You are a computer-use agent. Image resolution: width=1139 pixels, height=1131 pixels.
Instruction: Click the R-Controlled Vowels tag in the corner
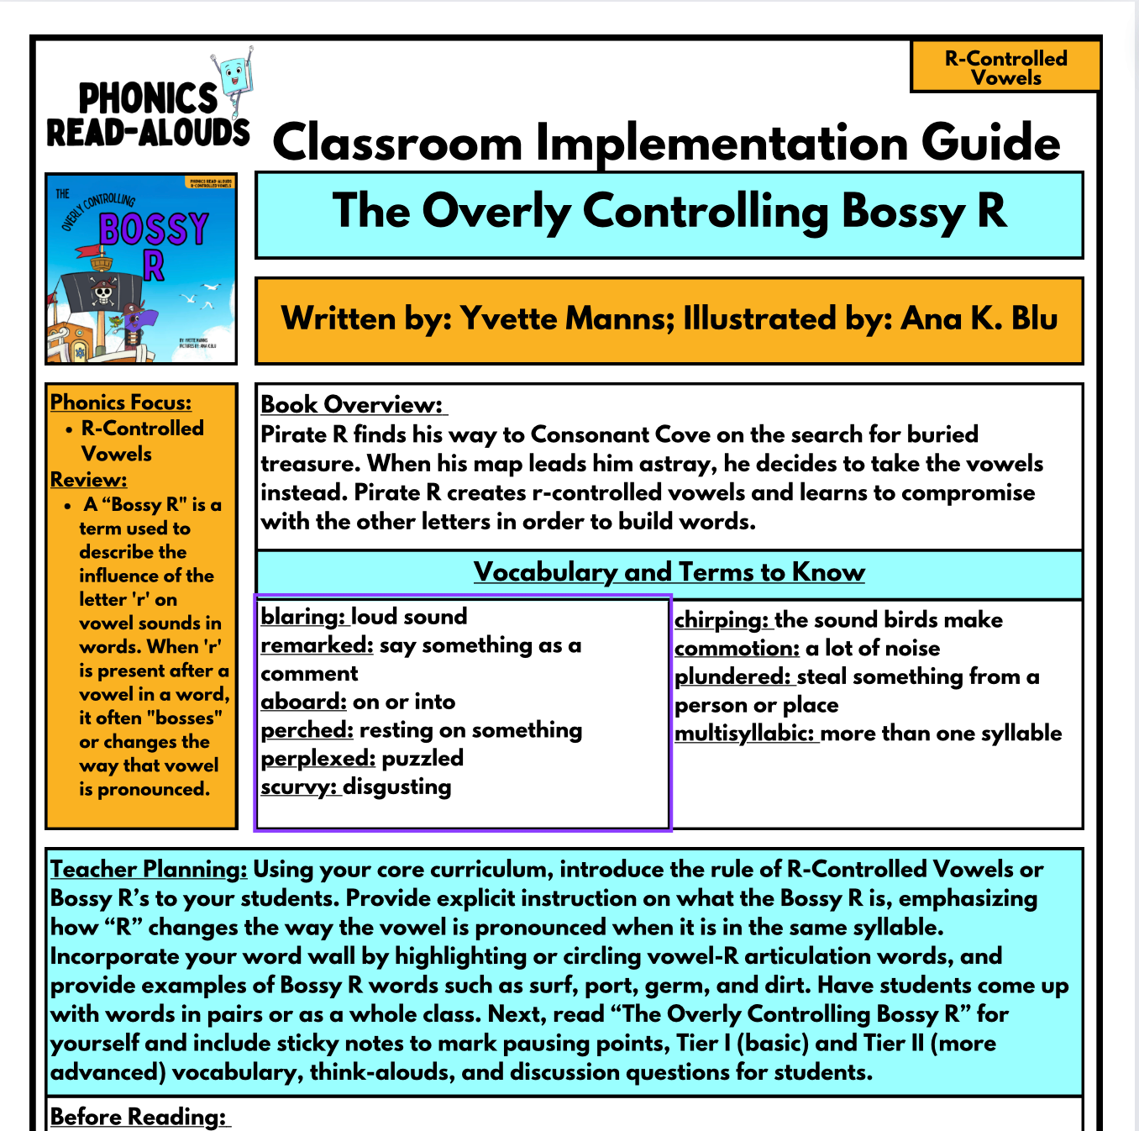click(x=1005, y=68)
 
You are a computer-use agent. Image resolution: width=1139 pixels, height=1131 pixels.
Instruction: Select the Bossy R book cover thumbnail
click(x=141, y=269)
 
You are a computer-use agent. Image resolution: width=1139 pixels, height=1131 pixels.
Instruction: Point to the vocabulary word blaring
click(x=302, y=617)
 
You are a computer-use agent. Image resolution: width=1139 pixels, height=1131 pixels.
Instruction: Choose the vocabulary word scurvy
click(x=298, y=787)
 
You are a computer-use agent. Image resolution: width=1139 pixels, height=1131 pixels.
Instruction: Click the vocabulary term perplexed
click(x=318, y=759)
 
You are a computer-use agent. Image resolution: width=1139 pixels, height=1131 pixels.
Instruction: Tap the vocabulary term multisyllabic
click(x=744, y=734)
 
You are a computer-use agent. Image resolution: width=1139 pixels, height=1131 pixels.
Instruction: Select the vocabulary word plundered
click(x=732, y=677)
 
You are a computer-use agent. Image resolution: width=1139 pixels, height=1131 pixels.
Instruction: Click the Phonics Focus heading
click(x=121, y=402)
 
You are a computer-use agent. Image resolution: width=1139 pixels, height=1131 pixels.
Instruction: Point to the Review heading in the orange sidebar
click(x=88, y=480)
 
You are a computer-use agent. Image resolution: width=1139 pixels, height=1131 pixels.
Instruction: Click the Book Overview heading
click(x=352, y=405)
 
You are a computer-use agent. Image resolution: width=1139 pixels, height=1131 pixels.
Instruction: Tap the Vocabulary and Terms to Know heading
click(x=669, y=572)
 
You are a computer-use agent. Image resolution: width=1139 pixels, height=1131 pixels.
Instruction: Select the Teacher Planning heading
click(x=149, y=870)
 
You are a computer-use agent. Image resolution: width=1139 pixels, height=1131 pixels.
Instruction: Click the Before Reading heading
click(x=139, y=1118)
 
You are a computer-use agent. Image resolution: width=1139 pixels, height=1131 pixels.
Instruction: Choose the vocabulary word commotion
click(x=737, y=649)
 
